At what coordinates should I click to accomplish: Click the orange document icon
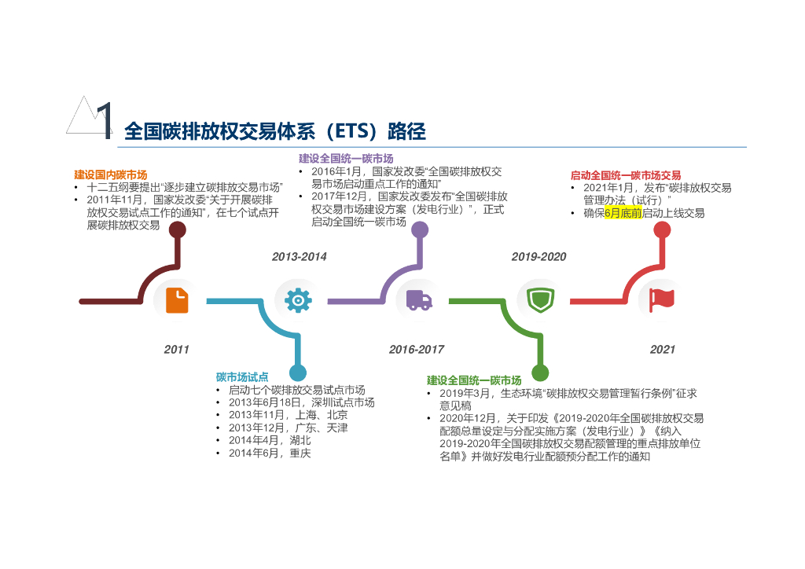coord(177,301)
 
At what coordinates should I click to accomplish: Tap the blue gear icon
coord(298,301)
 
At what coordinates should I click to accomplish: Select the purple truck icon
coord(418,300)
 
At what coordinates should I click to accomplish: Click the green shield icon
coord(540,300)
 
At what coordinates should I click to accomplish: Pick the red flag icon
coord(662,300)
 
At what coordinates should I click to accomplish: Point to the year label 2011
coord(177,350)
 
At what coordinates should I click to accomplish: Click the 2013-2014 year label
coord(299,257)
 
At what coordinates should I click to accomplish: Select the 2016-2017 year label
coord(417,350)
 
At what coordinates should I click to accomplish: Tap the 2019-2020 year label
coord(539,257)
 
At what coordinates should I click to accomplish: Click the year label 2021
coord(663,350)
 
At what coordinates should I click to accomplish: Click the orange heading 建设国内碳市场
coord(111,174)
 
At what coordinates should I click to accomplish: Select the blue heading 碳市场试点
coord(242,377)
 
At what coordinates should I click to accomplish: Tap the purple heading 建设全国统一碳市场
coord(346,159)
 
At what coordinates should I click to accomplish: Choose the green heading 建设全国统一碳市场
coord(474,380)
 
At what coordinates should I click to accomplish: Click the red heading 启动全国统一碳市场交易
coord(626,175)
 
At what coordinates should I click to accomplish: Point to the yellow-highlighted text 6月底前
coord(623,213)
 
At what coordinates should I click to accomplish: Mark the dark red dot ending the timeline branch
coord(178,229)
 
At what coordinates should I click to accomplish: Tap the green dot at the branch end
coord(540,373)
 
